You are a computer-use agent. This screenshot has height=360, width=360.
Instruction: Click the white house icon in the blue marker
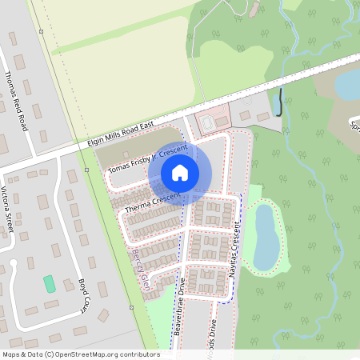(180, 172)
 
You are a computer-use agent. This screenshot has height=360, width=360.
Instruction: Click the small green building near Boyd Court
(49, 283)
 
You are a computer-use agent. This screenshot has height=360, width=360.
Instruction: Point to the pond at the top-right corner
(349, 84)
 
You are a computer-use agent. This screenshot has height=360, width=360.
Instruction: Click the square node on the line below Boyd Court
(130, 306)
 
